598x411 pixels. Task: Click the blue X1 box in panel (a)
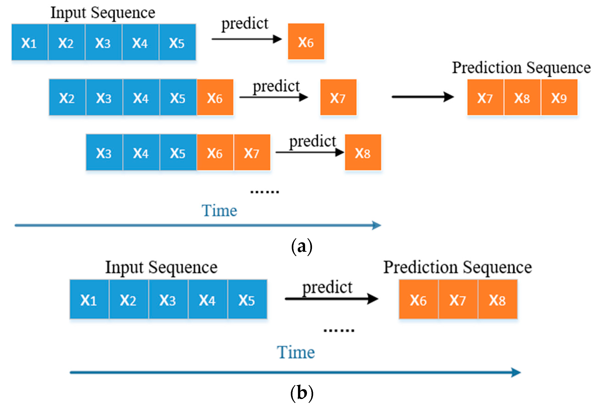click(29, 42)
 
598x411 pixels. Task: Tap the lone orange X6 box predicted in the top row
click(306, 41)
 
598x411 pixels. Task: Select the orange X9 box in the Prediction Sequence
click(559, 97)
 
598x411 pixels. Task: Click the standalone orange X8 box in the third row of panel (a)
click(363, 152)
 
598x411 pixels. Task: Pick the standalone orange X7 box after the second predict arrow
click(338, 97)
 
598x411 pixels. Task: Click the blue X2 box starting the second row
click(67, 97)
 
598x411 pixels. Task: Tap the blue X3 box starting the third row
click(104, 152)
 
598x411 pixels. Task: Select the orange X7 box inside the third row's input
click(252, 152)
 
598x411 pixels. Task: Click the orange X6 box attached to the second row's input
click(215, 97)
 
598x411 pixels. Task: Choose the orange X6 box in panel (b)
click(418, 299)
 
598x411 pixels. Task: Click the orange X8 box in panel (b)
click(498, 299)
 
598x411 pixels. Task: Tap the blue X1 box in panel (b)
click(89, 299)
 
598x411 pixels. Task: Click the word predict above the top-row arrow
click(245, 24)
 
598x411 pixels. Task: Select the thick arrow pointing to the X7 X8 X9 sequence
click(423, 97)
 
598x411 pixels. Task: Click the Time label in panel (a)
click(219, 211)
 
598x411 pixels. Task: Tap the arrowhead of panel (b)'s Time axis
click(516, 373)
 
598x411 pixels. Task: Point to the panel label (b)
click(301, 393)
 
